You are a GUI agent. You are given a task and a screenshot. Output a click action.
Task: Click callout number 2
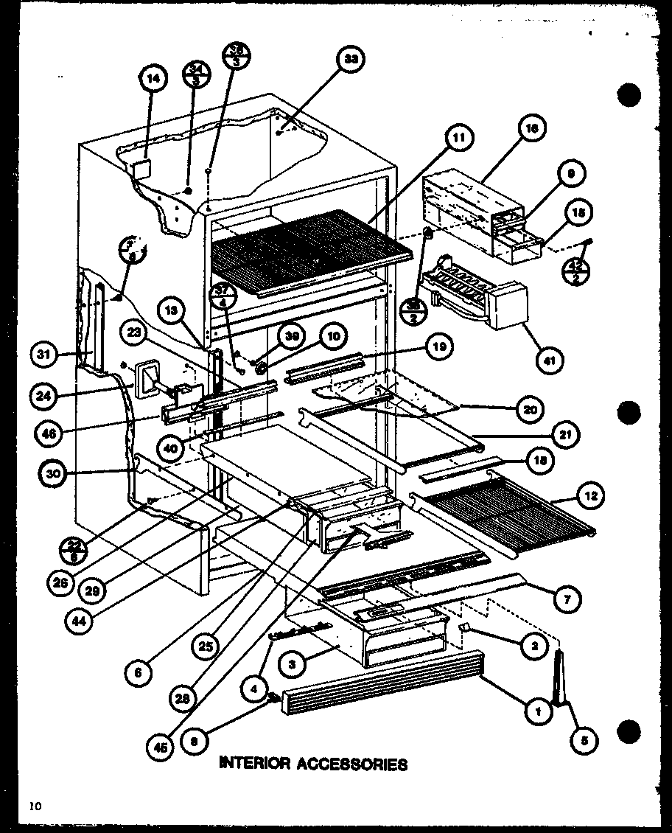tap(534, 646)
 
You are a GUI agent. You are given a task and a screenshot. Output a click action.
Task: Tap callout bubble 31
tap(46, 355)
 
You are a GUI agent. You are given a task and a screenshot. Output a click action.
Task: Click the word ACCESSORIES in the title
tap(352, 764)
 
